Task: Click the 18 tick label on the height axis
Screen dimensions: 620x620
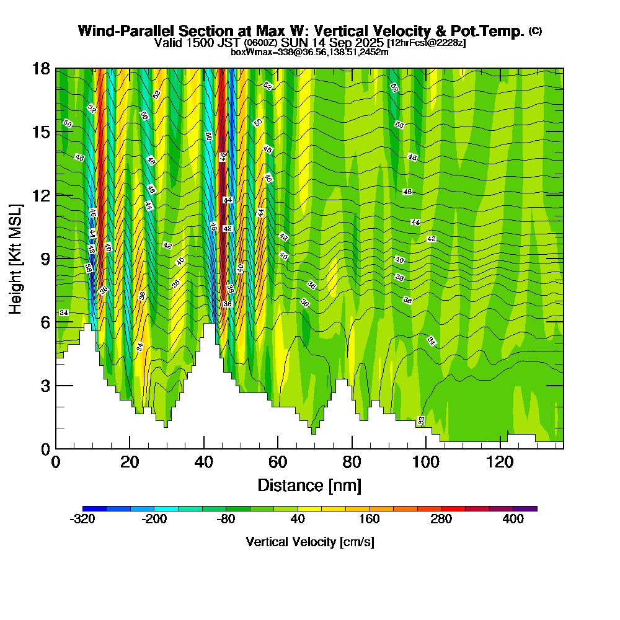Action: coord(42,68)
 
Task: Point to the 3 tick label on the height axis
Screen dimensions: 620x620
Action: coord(46,385)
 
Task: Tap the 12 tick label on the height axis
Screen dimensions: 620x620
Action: coord(42,195)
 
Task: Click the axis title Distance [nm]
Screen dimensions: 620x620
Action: coord(309,485)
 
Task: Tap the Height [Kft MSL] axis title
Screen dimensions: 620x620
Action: coord(16,258)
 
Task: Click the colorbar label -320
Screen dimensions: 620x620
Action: coord(82,520)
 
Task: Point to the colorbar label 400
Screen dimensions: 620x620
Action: coord(513,520)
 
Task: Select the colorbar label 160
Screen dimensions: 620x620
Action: coord(370,520)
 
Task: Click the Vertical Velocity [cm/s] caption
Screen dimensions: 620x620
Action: coord(310,542)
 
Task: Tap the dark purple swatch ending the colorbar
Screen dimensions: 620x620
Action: coord(530,508)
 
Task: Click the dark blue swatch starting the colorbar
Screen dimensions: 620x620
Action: coord(89,508)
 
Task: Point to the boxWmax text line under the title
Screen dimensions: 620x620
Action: coord(309,52)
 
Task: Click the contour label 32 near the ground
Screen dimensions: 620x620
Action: coord(422,420)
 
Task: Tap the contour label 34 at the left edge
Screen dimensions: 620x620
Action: coord(63,312)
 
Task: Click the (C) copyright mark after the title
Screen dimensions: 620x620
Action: coord(535,31)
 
